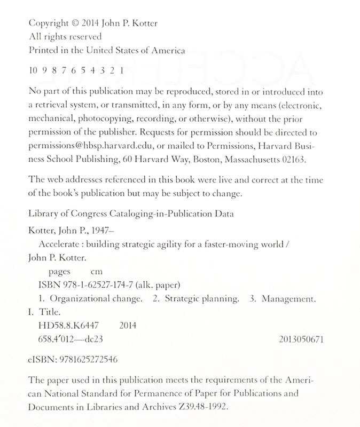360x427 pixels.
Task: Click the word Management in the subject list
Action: pos(290,298)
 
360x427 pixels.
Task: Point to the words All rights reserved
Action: pos(64,37)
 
